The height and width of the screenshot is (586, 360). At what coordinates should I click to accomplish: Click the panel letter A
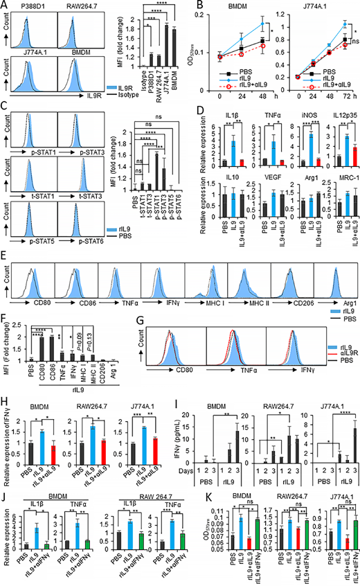(6, 6)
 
